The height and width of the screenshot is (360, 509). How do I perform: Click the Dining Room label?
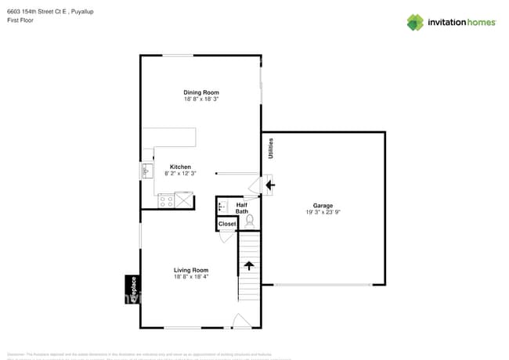tap(201, 92)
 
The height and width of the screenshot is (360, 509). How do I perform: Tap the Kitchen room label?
tap(181, 167)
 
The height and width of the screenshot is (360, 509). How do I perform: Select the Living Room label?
tap(190, 270)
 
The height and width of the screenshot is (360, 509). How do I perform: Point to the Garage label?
tap(323, 205)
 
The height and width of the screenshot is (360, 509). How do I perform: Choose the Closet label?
tap(227, 224)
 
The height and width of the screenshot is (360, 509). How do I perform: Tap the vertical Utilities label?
tap(271, 149)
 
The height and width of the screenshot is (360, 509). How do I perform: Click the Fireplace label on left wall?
tap(133, 289)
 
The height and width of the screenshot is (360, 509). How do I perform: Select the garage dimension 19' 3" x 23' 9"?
tap(323, 212)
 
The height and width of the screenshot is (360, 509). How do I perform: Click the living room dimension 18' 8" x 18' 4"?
tap(190, 277)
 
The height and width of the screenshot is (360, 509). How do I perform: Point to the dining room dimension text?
tap(201, 99)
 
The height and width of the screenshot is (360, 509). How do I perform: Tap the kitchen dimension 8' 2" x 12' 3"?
tap(181, 174)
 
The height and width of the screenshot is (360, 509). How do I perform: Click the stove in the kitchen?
tap(166, 201)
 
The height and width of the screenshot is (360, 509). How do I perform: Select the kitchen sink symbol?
tap(146, 170)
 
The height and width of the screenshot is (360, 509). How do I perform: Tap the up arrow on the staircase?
tap(249, 265)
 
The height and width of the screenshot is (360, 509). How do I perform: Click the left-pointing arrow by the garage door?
tap(270, 185)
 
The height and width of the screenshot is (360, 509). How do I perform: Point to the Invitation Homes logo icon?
tap(415, 22)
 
